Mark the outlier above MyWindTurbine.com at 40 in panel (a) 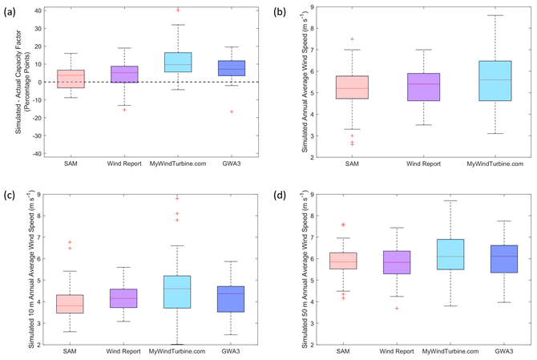click(x=178, y=10)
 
